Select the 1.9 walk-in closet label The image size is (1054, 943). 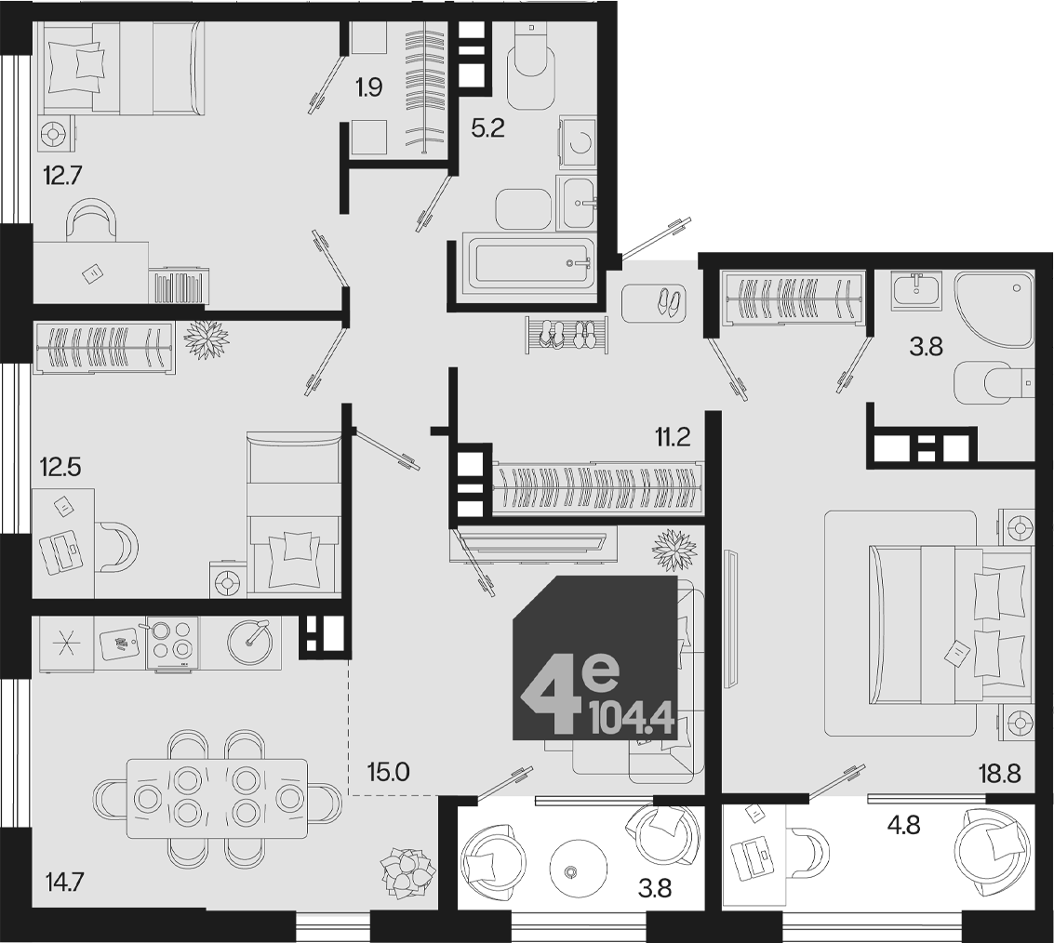point(369,87)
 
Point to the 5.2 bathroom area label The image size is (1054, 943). point(488,127)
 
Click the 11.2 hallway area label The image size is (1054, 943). point(674,438)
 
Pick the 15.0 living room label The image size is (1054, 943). point(389,772)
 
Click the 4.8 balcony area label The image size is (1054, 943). point(903,825)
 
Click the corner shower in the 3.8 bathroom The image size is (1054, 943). point(994,309)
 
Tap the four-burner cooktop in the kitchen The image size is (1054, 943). point(172,644)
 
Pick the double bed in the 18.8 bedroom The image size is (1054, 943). point(951,624)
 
